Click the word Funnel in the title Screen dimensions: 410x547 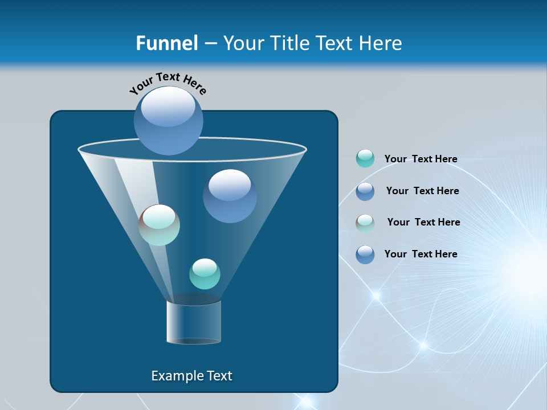(167, 43)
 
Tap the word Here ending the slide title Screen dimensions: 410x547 (381, 43)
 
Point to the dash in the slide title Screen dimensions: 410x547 (210, 44)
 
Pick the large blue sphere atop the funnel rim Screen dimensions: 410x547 (168, 120)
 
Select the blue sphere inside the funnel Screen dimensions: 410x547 (230, 196)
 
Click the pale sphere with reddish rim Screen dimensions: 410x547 (159, 225)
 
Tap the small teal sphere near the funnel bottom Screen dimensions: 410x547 (205, 273)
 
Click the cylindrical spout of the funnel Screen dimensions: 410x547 (194, 322)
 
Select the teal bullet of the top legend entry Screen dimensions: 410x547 (365, 159)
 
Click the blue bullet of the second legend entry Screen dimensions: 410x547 (365, 191)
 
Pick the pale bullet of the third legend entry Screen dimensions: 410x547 (365, 223)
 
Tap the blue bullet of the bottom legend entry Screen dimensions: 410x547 (365, 255)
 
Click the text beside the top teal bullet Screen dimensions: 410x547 (421, 159)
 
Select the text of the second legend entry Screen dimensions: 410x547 (422, 191)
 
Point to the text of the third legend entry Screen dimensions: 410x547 (423, 222)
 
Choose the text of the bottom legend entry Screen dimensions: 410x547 (421, 254)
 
